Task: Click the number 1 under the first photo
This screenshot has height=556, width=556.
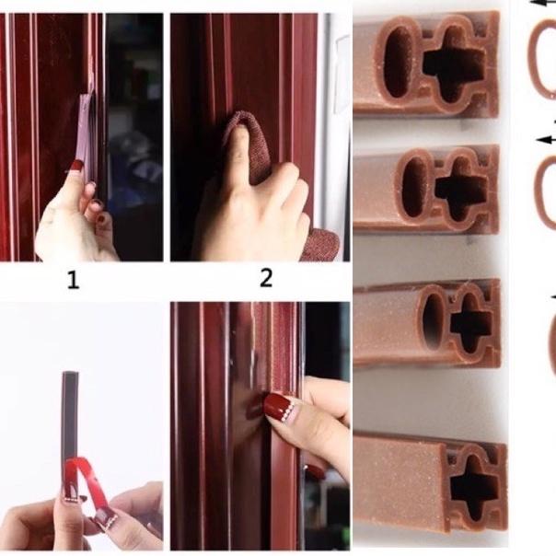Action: pos(73,280)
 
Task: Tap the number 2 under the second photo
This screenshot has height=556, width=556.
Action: pos(266,277)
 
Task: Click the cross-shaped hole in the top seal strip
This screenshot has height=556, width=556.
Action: pos(453,65)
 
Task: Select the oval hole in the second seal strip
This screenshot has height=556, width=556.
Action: pos(413,187)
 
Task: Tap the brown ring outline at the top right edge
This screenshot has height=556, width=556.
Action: pos(542,60)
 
